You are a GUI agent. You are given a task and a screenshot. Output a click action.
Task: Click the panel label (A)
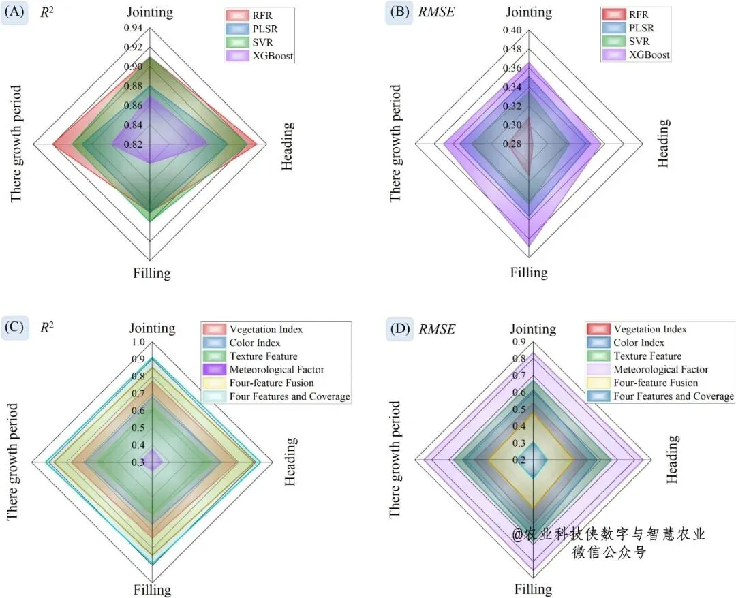15,12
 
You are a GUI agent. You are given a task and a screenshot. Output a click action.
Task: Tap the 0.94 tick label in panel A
133,28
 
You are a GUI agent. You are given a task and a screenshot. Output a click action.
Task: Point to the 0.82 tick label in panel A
133,144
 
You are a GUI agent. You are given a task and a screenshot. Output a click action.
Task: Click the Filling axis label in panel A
151,274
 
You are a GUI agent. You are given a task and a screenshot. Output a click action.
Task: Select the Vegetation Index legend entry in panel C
266,329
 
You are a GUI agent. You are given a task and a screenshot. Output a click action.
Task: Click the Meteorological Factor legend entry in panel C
277,370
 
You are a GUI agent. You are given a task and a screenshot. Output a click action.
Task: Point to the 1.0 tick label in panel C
138,343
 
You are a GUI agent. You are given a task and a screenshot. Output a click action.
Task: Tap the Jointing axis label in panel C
152,328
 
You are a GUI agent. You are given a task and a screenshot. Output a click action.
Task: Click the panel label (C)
14,328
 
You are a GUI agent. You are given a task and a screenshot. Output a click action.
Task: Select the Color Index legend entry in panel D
639,343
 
